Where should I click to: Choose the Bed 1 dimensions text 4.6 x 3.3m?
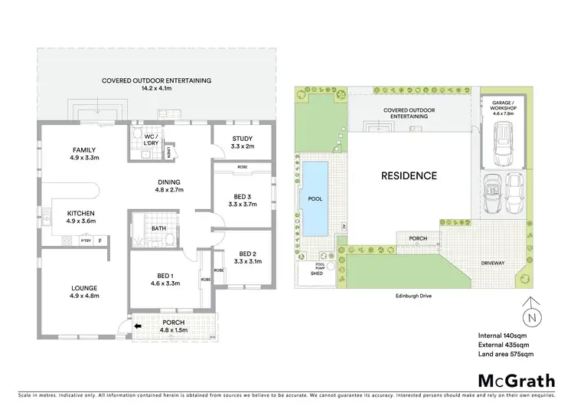coord(163,283)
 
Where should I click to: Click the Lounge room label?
coord(84,288)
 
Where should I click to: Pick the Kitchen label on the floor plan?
coord(80,214)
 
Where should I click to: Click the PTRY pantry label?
coord(85,241)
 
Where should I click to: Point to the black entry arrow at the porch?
coord(139,326)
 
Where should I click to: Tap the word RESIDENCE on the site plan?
coord(409,175)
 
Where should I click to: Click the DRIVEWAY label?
coord(493,263)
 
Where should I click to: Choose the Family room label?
coord(84,149)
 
